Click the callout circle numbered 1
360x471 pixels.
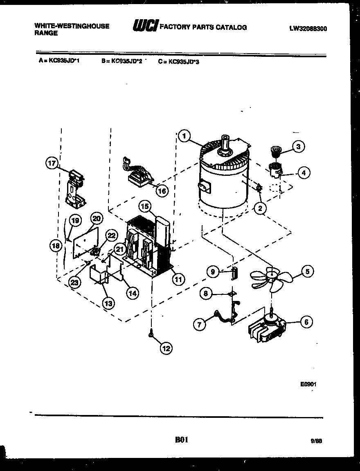pyautogui.click(x=184, y=136)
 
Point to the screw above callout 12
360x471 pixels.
pyautogui.click(x=152, y=334)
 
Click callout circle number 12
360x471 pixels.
pyautogui.click(x=166, y=348)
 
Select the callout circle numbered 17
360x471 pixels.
pyautogui.click(x=51, y=164)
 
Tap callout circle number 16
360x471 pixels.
pyautogui.click(x=162, y=191)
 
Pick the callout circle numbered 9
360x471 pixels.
pyautogui.click(x=212, y=271)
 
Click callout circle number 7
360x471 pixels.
pyautogui.click(x=200, y=325)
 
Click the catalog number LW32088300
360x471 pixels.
pyautogui.click(x=308, y=29)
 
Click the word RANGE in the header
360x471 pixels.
pyautogui.click(x=46, y=34)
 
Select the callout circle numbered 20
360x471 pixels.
pyautogui.click(x=96, y=218)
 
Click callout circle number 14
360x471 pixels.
pyautogui.click(x=133, y=293)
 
